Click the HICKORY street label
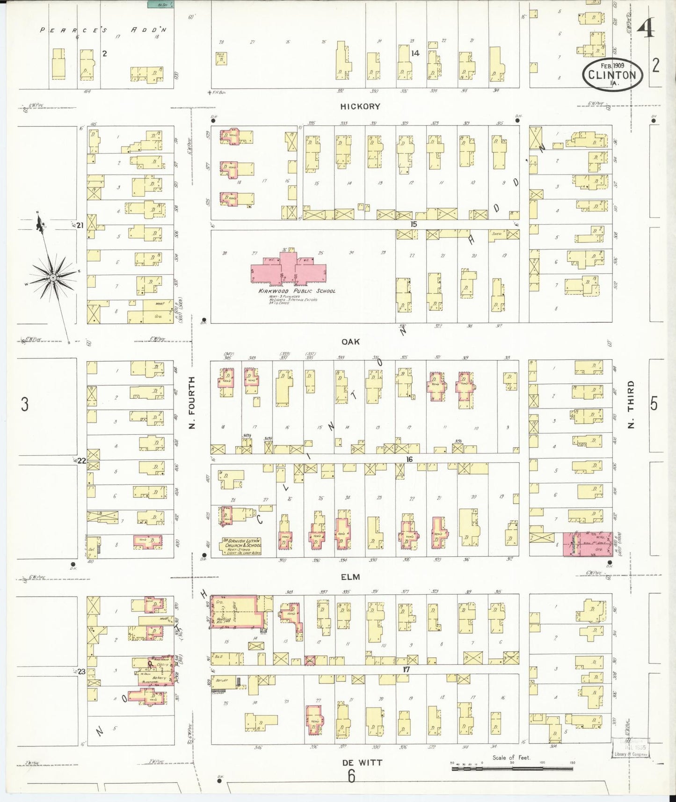pos(360,107)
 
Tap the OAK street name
pos(350,342)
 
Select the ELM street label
pos(350,577)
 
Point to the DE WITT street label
pos(362,763)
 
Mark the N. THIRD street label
pos(631,404)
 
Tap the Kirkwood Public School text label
pos(297,291)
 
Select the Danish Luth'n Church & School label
pos(243,546)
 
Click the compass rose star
pos(53,278)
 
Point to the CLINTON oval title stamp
pos(612,73)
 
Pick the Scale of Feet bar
pos(513,768)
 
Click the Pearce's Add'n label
pos(103,30)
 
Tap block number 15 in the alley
pos(413,225)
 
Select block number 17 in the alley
pos(406,670)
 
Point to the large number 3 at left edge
pos(24,404)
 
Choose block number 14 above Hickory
pos(415,53)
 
